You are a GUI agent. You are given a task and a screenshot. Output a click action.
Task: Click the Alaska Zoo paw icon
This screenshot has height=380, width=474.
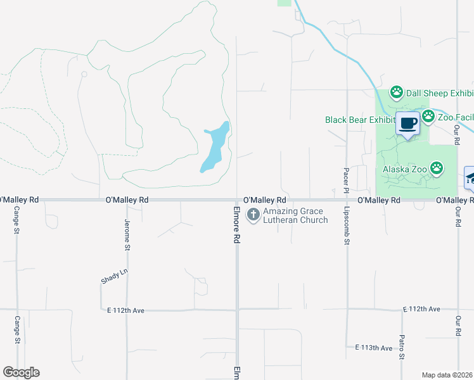pyautogui.click(x=437, y=168)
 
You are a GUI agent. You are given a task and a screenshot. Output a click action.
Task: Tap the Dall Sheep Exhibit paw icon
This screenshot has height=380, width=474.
pyautogui.click(x=397, y=93)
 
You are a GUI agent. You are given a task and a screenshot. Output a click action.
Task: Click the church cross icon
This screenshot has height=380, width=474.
pyautogui.click(x=253, y=215)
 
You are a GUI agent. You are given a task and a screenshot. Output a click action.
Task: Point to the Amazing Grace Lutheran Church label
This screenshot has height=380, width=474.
pyautogui.click(x=295, y=215)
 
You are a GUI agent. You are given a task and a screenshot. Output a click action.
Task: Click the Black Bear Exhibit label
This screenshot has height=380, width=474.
pyautogui.click(x=359, y=120)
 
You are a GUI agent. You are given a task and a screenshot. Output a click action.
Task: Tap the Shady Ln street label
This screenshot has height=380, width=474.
pyautogui.click(x=114, y=277)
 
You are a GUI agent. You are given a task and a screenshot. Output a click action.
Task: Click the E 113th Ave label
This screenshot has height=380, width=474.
pyautogui.click(x=374, y=348)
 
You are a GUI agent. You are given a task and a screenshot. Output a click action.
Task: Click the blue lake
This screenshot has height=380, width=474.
pyautogui.click(x=214, y=147)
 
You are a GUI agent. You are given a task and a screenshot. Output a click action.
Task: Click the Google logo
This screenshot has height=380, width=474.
pyautogui.click(x=21, y=372)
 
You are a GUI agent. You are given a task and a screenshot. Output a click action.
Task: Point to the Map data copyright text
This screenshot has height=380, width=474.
pyautogui.click(x=447, y=375)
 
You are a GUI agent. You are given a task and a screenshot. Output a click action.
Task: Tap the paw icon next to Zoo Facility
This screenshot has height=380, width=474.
pyautogui.click(x=428, y=116)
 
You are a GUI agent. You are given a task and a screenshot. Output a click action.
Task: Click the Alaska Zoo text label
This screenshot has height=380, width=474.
pyautogui.click(x=405, y=169)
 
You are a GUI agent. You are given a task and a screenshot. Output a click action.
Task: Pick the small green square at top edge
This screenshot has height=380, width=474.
pyautogui.click(x=285, y=3)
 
